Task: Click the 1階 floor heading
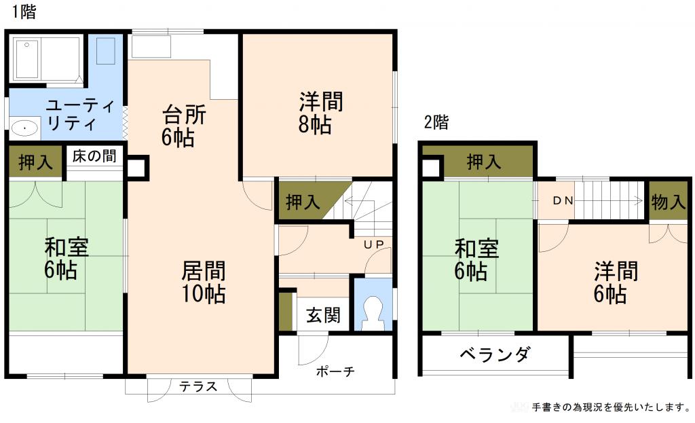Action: [x=24, y=12]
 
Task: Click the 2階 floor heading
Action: [x=436, y=123]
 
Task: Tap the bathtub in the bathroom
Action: [x=45, y=58]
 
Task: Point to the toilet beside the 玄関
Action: [x=373, y=311]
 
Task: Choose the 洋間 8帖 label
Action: [x=321, y=113]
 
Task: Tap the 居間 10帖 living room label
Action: [x=203, y=282]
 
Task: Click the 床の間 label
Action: [x=94, y=156]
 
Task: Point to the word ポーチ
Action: [x=335, y=372]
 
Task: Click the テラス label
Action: [x=198, y=387]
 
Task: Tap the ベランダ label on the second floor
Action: [x=494, y=354]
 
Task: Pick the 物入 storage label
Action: [x=668, y=202]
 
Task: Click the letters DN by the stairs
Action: [x=562, y=201]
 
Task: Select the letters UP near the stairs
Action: [x=373, y=244]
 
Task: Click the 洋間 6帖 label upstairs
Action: [x=616, y=282]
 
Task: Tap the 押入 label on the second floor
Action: [x=484, y=162]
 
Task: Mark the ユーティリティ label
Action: [x=71, y=115]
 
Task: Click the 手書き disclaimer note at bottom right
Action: [x=611, y=407]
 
